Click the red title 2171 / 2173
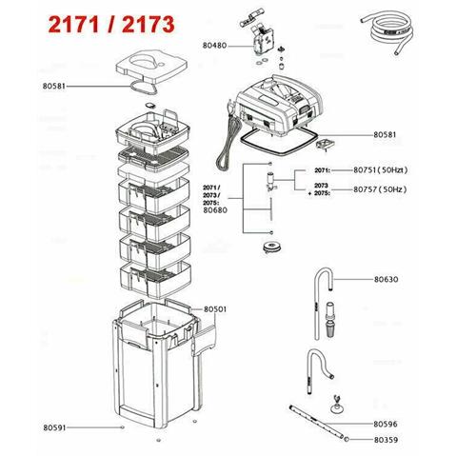pos(111,25)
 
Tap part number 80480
pos(215,46)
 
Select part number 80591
pos(54,427)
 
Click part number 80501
pos(215,309)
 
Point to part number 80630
pos(386,279)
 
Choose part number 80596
pos(386,424)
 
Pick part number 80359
pos(386,440)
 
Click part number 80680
pos(215,210)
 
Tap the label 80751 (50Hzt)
pos(381,170)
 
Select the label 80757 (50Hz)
pos(380,189)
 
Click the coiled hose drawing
pos(388,32)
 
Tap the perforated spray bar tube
pos(317,422)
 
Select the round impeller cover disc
pos(270,247)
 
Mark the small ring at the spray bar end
pos(347,440)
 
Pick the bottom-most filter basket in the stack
pos(155,278)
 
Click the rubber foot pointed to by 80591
pos(122,427)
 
